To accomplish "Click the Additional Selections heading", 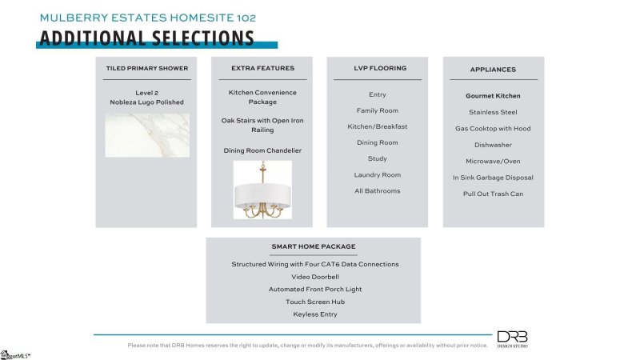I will pos(146,38).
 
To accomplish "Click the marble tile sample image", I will pos(147,134).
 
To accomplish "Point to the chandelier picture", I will pos(262,190).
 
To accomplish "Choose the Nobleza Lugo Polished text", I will pos(146,102).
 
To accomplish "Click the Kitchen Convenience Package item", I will pos(262,97).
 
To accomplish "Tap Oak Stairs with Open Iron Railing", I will pos(262,125).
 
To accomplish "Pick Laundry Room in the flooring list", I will pos(378,174).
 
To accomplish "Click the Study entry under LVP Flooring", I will pos(377,158).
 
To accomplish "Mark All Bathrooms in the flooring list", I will pos(378,190).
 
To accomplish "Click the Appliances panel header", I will pos(493,70).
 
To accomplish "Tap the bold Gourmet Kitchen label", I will pos(493,96).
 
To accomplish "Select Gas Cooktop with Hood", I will pos(493,128).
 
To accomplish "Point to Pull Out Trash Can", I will pos(493,194).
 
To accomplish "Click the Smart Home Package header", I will pos(314,246).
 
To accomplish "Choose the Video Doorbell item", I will pos(314,277).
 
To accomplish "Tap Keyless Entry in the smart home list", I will pos(314,314).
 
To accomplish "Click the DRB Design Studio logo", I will pos(512,338).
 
